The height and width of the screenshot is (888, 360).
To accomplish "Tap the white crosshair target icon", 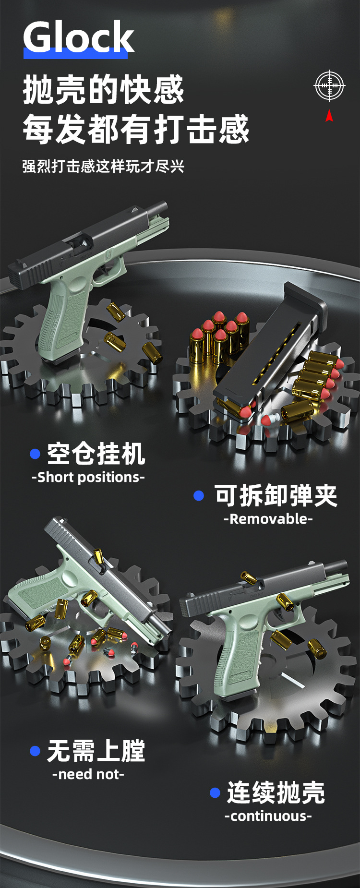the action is (x=329, y=85).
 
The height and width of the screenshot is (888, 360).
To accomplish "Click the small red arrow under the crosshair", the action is (x=329, y=115).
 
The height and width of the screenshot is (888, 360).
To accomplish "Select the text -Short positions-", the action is (x=88, y=477).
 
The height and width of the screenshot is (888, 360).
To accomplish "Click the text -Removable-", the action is (x=268, y=519).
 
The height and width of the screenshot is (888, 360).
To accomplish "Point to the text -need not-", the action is (x=88, y=774).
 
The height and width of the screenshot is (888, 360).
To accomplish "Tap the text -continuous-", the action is (x=268, y=816).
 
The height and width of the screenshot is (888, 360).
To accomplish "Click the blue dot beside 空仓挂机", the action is (x=35, y=454).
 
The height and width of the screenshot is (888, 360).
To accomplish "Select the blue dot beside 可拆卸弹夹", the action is (x=199, y=495).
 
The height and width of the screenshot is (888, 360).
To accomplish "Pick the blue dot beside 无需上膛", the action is (x=35, y=751).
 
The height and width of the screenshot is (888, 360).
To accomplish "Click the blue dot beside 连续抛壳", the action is (x=215, y=792).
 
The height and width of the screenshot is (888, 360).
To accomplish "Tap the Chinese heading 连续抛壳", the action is (x=276, y=792).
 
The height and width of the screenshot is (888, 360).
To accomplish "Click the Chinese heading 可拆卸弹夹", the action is (x=276, y=495).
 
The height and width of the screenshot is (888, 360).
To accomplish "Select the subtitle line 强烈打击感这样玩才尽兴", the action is (x=104, y=166).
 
